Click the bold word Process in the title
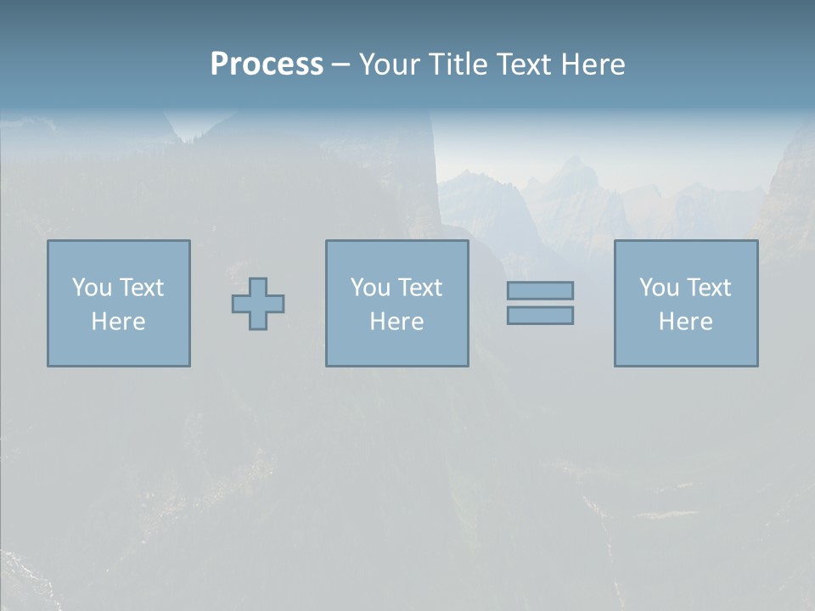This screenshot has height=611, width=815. click(x=267, y=64)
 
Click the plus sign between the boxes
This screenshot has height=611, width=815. click(x=258, y=304)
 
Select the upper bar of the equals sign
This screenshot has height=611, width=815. click(x=540, y=290)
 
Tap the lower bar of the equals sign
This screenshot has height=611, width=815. click(x=540, y=316)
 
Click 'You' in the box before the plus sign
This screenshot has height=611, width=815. click(x=91, y=288)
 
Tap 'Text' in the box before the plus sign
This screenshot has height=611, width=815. click(x=141, y=288)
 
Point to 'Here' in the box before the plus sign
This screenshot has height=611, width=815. click(x=118, y=322)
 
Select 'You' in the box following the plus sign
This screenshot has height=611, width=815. click(x=369, y=288)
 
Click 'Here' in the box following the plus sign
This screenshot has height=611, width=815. click(x=396, y=322)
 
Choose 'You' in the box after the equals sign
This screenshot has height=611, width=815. click(x=658, y=288)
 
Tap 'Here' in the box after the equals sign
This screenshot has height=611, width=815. click(x=685, y=322)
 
